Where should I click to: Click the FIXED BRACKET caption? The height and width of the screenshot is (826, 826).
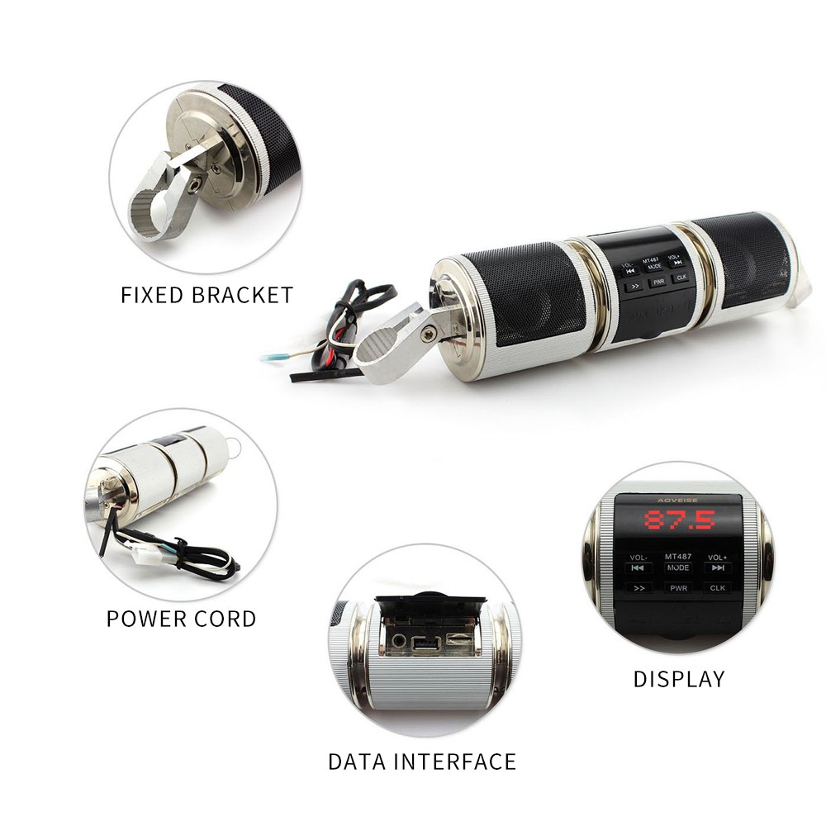[206, 295]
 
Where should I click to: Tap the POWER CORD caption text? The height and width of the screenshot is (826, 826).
[181, 619]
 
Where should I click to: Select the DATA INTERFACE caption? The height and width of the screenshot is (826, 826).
[421, 761]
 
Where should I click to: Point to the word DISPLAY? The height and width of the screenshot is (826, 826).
[678, 679]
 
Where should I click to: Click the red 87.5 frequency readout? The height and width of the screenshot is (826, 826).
[680, 520]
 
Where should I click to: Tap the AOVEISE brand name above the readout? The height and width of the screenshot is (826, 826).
[678, 500]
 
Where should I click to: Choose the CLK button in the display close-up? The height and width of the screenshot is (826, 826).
[717, 588]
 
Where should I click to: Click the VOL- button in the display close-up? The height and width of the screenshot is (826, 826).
[638, 563]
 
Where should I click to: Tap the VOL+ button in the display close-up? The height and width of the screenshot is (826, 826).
[717, 563]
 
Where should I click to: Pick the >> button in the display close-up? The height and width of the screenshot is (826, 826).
[638, 588]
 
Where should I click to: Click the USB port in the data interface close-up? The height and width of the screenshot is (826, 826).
[426, 642]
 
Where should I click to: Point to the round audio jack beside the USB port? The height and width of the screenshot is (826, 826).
[400, 639]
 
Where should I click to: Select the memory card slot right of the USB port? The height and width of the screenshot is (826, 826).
[457, 639]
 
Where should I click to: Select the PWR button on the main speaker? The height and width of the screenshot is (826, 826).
[658, 282]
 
